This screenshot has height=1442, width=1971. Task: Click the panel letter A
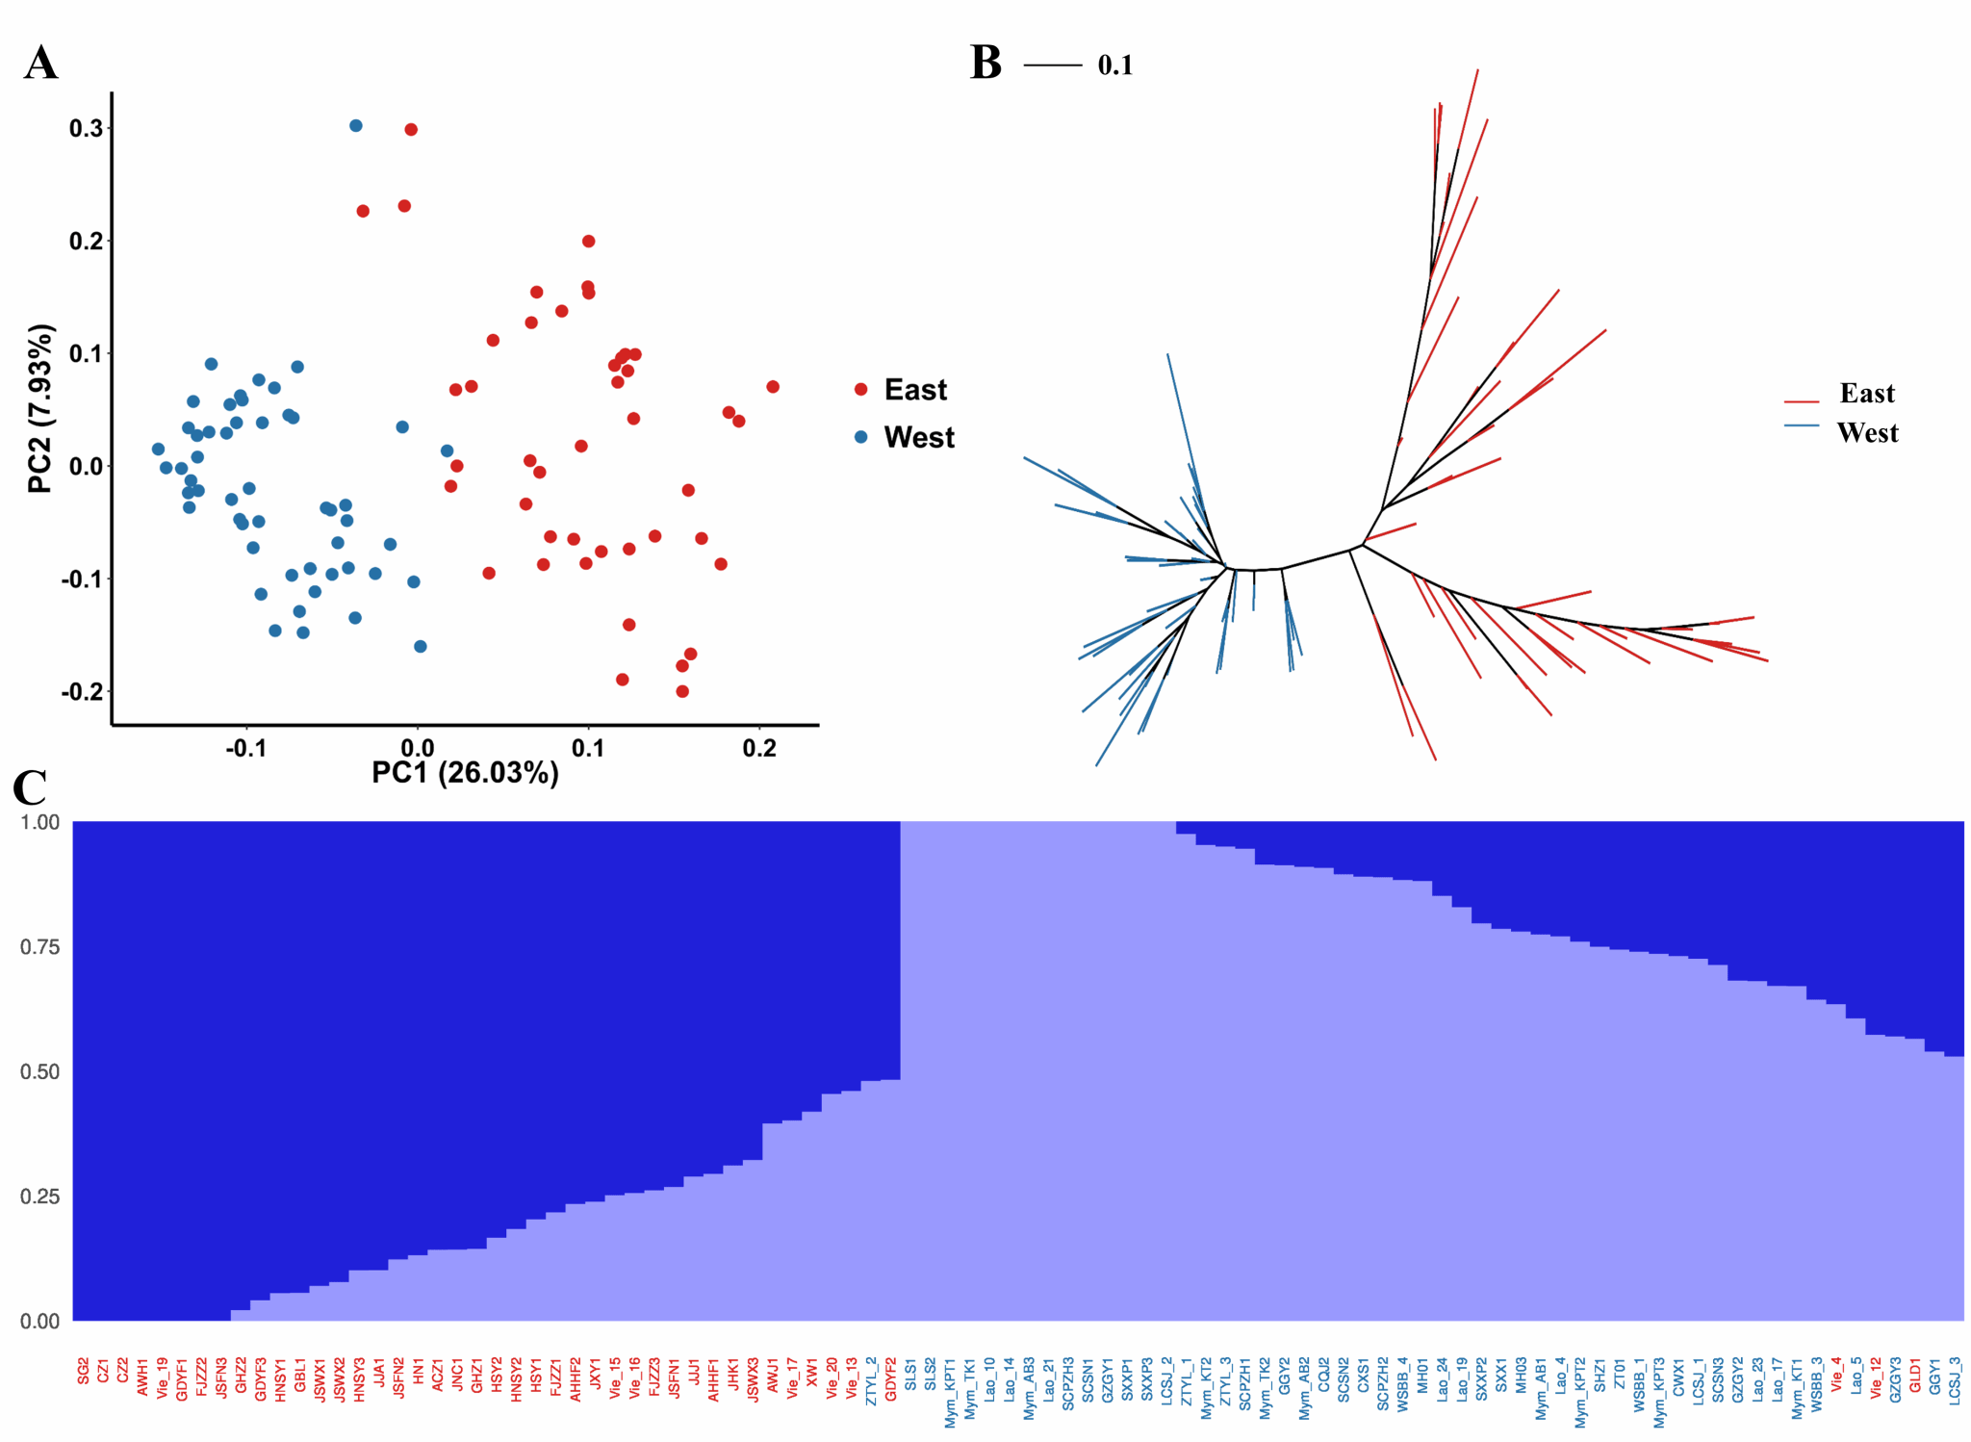[x=40, y=64]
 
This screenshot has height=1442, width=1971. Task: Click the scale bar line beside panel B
[x=1052, y=65]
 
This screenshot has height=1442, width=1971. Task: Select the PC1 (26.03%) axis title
[x=465, y=773]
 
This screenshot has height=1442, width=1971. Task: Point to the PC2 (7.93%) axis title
[x=40, y=409]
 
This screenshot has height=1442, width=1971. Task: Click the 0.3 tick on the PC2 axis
[x=86, y=128]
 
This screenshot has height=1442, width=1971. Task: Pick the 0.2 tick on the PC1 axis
[x=759, y=748]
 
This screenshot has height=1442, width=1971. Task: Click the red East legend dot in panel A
[x=860, y=390]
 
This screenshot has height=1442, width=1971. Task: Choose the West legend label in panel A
[x=919, y=437]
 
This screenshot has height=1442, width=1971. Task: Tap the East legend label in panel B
[x=1866, y=393]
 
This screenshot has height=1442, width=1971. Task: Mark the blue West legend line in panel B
[x=1801, y=425]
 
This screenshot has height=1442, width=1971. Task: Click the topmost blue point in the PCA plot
[x=356, y=126]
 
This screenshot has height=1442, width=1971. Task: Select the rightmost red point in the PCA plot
[x=773, y=387]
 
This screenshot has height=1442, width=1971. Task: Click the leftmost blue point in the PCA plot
[x=158, y=450]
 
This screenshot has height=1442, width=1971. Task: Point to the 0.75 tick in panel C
[x=39, y=947]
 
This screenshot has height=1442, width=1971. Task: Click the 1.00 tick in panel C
[x=39, y=822]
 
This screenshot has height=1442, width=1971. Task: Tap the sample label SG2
[x=84, y=1371]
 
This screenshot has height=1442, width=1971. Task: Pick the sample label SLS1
[x=910, y=1371]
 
